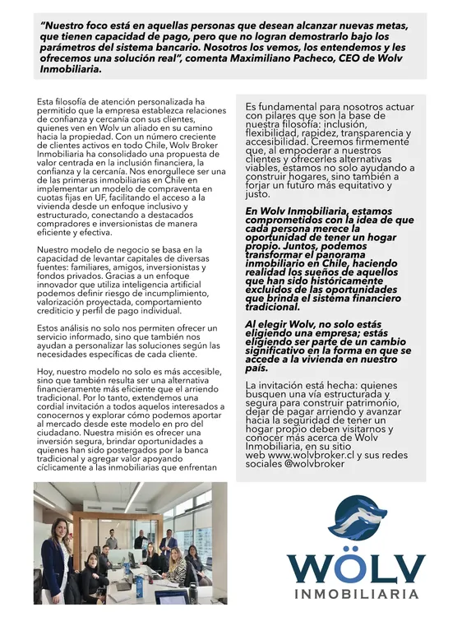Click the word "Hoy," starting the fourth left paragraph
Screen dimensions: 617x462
46,372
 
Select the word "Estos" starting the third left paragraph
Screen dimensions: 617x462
50,328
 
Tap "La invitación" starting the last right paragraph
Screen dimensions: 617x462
281,385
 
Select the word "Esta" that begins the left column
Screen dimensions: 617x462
48,101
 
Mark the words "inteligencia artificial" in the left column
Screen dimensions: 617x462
159,283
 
